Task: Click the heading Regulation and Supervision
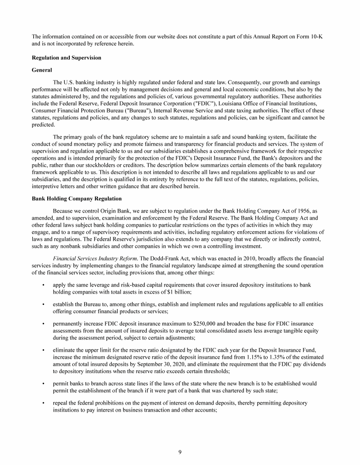pos(66,58)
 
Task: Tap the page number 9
pos(180,451)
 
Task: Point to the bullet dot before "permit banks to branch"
pos(43,384)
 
